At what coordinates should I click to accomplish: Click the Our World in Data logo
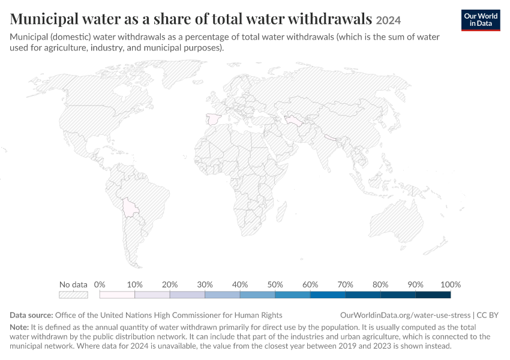(x=481, y=20)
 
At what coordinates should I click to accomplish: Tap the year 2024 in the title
(x=388, y=20)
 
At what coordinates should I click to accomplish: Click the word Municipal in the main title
(x=44, y=19)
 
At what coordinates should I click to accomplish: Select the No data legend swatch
(x=74, y=295)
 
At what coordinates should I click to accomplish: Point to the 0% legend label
(x=100, y=284)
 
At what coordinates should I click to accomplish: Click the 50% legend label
(x=275, y=284)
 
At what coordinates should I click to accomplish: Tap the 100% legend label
(x=451, y=284)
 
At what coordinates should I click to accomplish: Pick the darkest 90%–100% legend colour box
(x=433, y=295)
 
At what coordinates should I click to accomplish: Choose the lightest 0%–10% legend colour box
(x=117, y=295)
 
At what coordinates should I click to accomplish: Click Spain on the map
(x=213, y=119)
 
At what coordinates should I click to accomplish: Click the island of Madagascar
(x=281, y=212)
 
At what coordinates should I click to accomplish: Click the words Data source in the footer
(x=31, y=315)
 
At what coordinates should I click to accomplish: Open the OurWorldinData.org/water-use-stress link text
(x=405, y=315)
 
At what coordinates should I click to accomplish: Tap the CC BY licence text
(x=488, y=315)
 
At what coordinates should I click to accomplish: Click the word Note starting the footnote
(x=19, y=327)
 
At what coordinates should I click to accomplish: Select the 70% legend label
(x=345, y=284)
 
